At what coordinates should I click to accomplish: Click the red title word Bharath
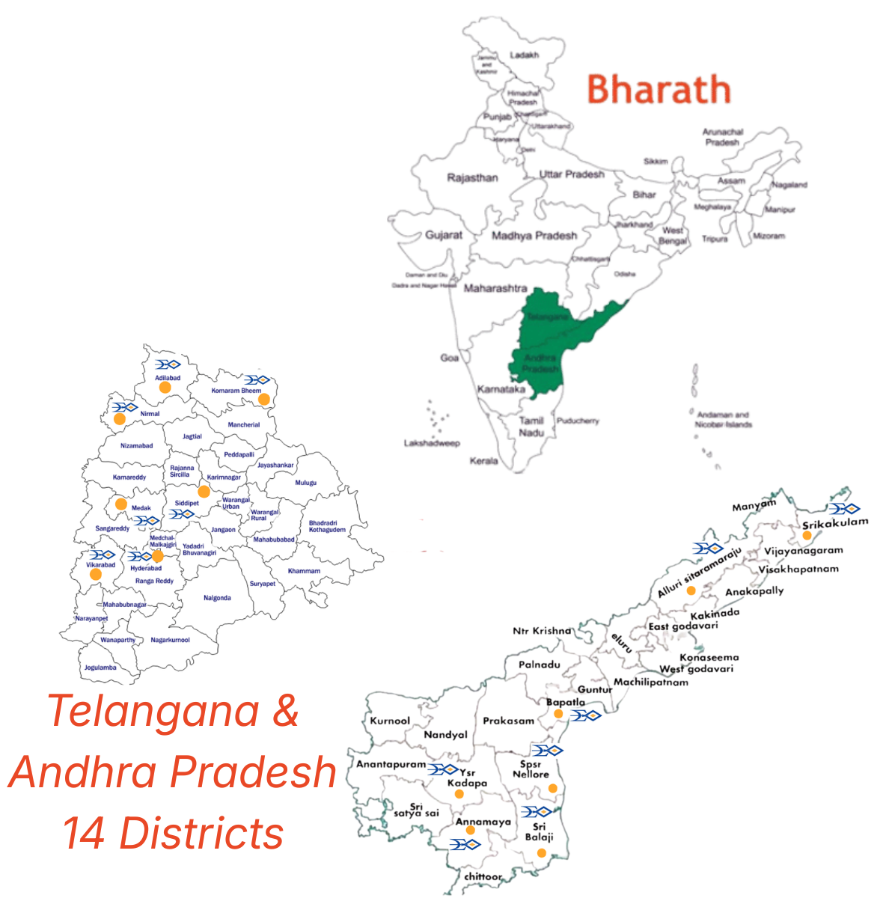[658, 90]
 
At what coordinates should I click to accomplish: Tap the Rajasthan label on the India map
[472, 178]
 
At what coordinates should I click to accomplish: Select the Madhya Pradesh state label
[534, 236]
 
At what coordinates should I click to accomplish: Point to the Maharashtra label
[495, 288]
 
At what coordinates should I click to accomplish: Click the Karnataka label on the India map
[501, 389]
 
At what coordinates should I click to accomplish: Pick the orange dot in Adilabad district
[165, 388]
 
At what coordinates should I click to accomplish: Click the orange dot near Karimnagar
[204, 492]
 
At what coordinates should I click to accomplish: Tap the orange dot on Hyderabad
[157, 557]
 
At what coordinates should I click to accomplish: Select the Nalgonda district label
[217, 598]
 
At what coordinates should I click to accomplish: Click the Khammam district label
[304, 571]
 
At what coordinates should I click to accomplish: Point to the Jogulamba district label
[100, 668]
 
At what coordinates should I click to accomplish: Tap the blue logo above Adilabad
[168, 364]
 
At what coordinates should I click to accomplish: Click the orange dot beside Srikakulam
[807, 535]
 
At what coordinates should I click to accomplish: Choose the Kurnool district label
[390, 721]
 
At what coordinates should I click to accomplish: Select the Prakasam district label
[508, 721]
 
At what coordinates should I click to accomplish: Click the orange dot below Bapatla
[558, 714]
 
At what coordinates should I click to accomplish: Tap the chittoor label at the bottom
[483, 876]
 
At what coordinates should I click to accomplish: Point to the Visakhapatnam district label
[798, 569]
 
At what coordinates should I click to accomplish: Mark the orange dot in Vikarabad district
[96, 575]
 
